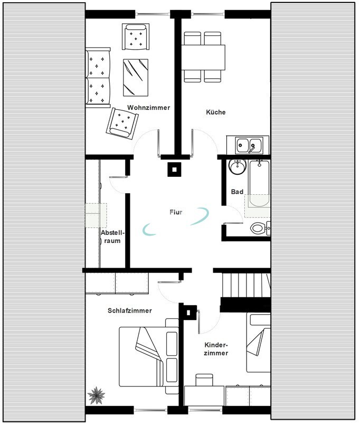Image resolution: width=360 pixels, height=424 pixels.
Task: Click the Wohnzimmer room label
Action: point(149,108)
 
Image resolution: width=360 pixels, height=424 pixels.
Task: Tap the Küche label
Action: point(216,112)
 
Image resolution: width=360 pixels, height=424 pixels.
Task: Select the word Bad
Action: point(237,192)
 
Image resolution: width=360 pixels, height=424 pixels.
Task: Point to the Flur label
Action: point(176,212)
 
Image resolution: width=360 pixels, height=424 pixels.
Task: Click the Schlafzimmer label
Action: point(130,310)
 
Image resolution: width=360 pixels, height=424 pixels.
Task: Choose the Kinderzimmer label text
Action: point(216,349)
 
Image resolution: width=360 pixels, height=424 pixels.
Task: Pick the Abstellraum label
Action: point(113,237)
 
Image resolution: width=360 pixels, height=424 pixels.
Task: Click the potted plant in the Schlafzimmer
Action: point(96,395)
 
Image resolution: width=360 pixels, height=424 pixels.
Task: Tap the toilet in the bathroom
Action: point(260,228)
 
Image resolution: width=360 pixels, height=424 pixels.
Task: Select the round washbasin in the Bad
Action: point(238,166)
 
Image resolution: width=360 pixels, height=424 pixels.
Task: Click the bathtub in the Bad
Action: point(259,183)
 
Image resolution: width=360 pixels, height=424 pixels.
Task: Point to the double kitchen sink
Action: point(249,145)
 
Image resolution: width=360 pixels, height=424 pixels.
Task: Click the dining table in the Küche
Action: point(203,58)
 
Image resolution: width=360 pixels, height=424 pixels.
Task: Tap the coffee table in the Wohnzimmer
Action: point(136,78)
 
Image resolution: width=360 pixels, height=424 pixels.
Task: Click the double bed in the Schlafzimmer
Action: point(149,356)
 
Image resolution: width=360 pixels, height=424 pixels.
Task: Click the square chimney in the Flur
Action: point(175,169)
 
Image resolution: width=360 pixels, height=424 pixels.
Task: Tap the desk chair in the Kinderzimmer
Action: point(204,380)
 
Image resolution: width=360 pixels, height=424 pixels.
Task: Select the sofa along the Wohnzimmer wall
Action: point(98,78)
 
